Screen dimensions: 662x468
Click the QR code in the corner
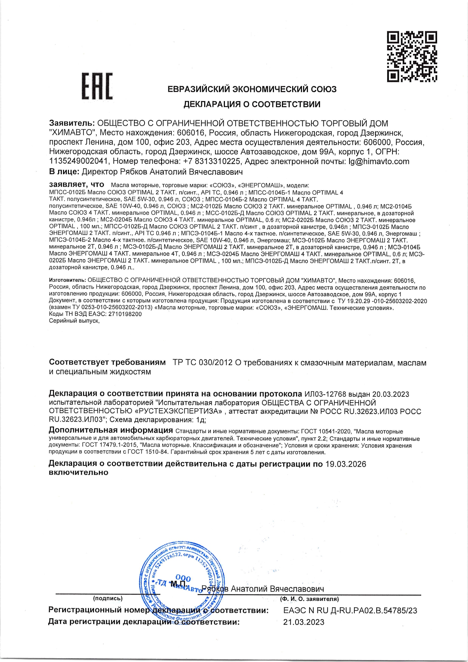(412, 57)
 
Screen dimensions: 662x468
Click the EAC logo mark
(97, 86)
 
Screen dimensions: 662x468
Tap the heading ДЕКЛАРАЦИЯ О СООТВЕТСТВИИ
(252, 104)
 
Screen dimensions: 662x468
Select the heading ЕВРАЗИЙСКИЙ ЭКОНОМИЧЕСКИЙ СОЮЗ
(252, 89)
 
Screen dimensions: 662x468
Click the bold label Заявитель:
(72, 123)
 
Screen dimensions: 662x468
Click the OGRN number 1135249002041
(79, 161)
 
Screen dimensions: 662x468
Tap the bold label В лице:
(64, 172)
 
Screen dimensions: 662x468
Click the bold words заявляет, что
(76, 185)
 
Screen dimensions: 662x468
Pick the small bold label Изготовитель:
(68, 281)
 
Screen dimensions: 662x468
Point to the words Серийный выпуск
(74, 321)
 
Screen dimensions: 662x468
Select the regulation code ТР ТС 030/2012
(202, 363)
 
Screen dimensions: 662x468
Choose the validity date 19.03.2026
(346, 464)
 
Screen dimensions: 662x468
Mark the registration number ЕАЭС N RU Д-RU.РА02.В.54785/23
(350, 610)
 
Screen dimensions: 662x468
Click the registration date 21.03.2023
(304, 622)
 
